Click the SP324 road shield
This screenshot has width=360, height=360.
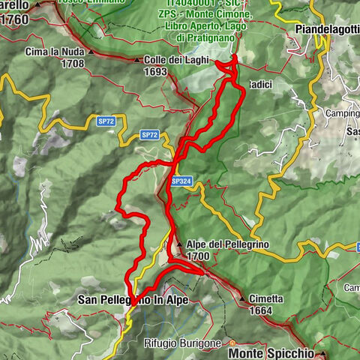tap(180, 181)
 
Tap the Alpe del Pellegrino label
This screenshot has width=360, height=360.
tap(227, 244)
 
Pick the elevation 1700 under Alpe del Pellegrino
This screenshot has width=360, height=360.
tap(198, 256)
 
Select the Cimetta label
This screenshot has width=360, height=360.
tap(267, 298)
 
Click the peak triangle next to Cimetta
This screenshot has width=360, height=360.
tap(243, 298)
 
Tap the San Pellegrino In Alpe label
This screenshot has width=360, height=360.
tap(133, 299)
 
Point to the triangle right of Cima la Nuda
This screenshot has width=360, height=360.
tap(90, 52)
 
